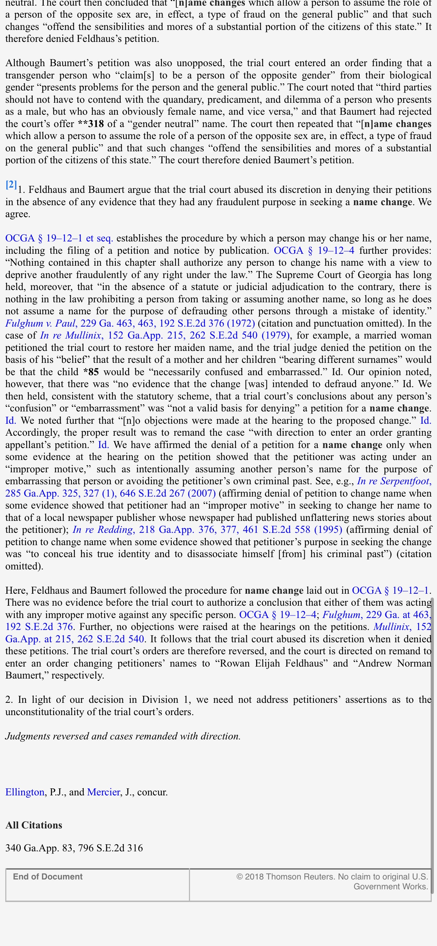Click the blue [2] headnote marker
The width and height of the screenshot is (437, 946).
tap(11, 185)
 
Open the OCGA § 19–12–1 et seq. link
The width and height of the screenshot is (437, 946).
tap(59, 238)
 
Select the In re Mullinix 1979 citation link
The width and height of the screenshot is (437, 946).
tap(165, 336)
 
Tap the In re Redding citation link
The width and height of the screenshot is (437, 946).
tap(207, 530)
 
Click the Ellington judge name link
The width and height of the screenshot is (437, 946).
tap(25, 792)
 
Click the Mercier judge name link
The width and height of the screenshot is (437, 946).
tap(103, 792)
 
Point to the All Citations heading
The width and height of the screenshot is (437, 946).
tap(34, 825)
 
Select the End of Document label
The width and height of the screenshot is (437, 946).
tap(48, 877)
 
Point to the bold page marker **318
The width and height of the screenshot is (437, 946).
tap(91, 124)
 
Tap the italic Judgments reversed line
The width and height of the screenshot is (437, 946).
tap(123, 736)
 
